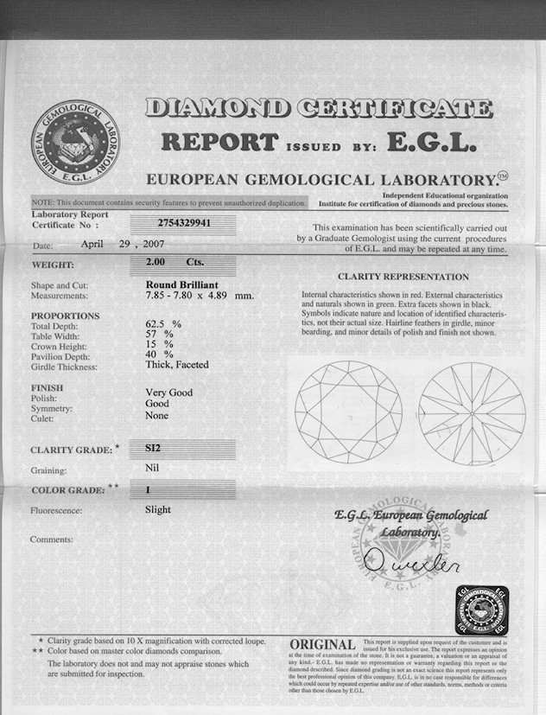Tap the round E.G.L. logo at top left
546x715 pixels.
click(x=75, y=141)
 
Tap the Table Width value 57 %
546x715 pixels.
click(x=159, y=335)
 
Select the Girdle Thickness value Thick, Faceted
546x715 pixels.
click(x=177, y=365)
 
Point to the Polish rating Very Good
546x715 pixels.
click(x=168, y=393)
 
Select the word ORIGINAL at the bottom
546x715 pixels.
click(x=322, y=645)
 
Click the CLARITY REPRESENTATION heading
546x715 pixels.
click(x=403, y=277)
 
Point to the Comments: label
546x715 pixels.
click(x=52, y=539)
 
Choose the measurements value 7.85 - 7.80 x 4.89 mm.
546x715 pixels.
click(x=200, y=295)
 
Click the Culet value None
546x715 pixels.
click(x=156, y=416)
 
